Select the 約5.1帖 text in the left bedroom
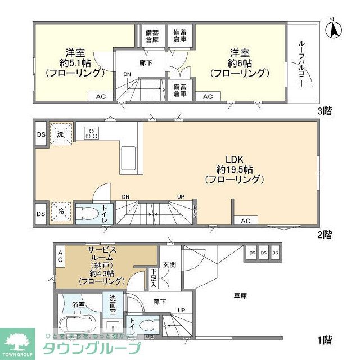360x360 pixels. (x=74, y=63)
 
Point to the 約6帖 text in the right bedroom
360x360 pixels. (x=238, y=63)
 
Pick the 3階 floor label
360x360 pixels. (x=324, y=111)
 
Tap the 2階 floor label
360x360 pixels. (x=324, y=235)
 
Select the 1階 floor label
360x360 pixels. (x=324, y=340)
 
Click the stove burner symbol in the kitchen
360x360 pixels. (x=92, y=133)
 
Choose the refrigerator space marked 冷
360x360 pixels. (x=60, y=212)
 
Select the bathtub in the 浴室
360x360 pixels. (x=77, y=326)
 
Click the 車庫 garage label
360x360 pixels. (x=240, y=295)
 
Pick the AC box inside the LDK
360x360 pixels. (x=245, y=221)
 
